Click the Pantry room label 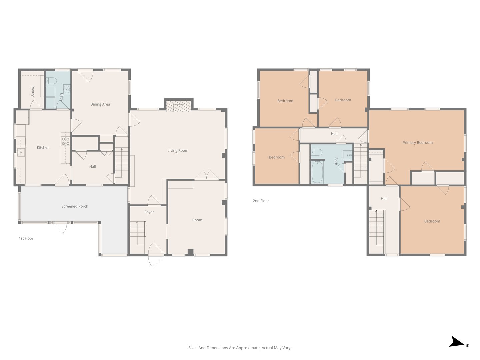(33, 91)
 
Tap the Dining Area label (100, 104)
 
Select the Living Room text (178, 150)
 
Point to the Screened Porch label (75, 206)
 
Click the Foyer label (149, 212)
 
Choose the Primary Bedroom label (417, 143)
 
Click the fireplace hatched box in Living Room (178, 106)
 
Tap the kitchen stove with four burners (65, 141)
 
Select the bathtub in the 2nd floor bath (317, 172)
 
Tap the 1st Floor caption (26, 238)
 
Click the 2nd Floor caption (261, 201)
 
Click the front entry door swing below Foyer (156, 255)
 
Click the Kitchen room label (43, 148)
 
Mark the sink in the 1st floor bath (67, 89)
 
